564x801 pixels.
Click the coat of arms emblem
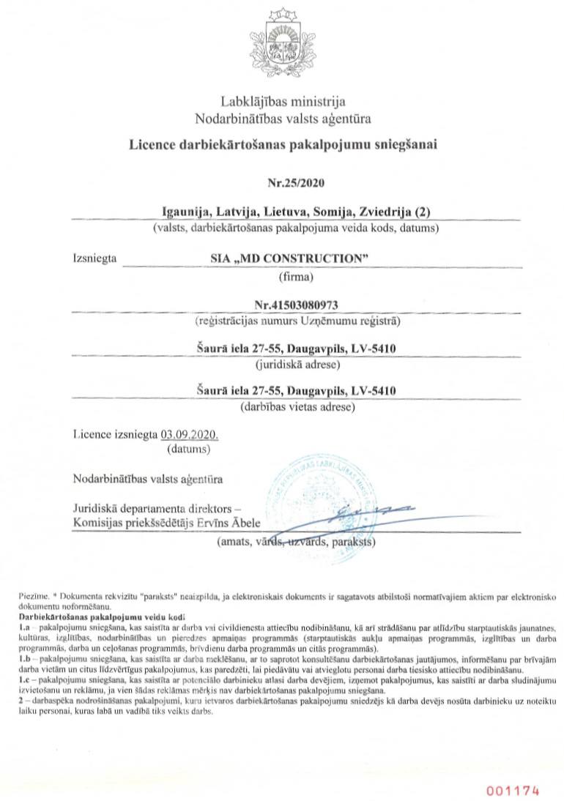pos(282,45)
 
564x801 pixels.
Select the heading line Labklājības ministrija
pos(283,102)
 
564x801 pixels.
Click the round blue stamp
pos(330,507)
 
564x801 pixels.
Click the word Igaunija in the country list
pos(185,212)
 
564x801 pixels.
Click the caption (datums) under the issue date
pos(189,447)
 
